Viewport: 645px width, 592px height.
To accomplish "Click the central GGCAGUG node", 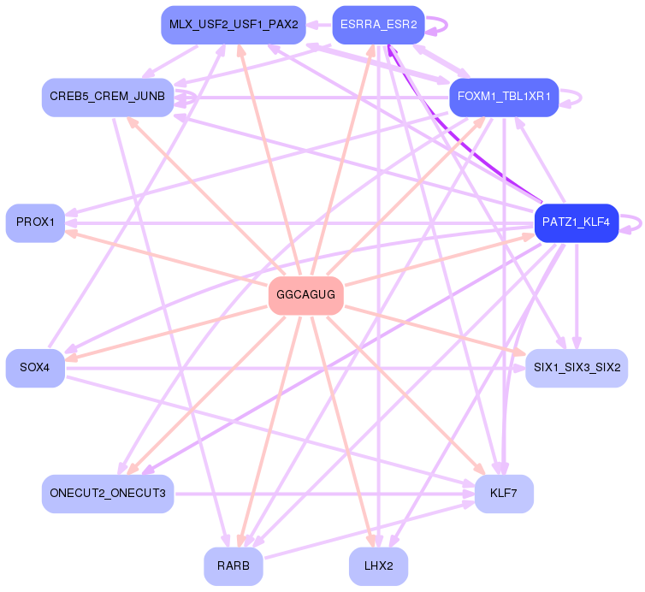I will point(305,295).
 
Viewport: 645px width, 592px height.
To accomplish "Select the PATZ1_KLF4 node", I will point(576,222).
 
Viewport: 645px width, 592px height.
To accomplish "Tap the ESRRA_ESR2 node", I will point(377,25).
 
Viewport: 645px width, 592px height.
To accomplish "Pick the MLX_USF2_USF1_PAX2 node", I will point(233,25).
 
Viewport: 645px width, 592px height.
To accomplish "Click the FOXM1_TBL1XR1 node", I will point(504,97).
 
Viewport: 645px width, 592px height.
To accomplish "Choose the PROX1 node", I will point(35,222).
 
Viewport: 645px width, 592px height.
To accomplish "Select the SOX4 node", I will point(35,368).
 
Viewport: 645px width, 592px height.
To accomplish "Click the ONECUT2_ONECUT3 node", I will point(108,494).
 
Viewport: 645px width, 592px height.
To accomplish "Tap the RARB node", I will point(233,565).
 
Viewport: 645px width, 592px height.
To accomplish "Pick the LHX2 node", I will point(377,565).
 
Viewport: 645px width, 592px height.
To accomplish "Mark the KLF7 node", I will point(504,494).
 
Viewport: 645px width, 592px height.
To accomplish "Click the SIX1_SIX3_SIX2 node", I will point(576,368).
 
